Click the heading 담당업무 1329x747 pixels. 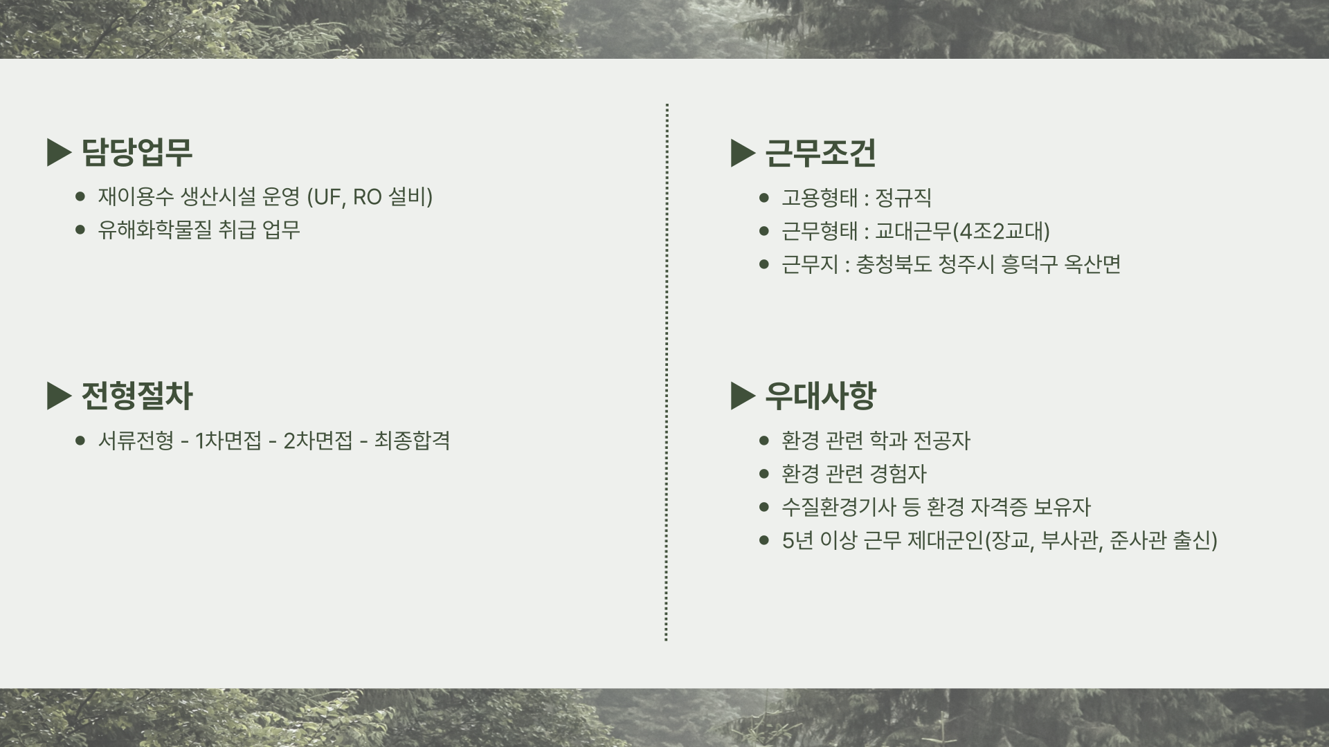coord(136,152)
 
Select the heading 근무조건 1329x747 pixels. coord(820,153)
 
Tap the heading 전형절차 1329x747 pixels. coord(136,396)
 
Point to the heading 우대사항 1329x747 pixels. coord(820,396)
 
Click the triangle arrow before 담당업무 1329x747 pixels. coord(59,153)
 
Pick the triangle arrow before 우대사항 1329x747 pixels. coord(743,396)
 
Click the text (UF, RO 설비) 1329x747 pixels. coord(370,197)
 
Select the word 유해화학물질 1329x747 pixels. coord(154,230)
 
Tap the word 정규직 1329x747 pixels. coord(903,198)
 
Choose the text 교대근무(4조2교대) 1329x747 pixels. coord(962,231)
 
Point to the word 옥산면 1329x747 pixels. coord(1092,264)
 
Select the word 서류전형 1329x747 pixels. coord(136,441)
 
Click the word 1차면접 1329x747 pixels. coord(228,441)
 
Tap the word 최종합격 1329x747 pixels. coord(412,441)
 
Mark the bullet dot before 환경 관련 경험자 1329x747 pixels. coord(764,474)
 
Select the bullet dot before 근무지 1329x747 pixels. coord(764,264)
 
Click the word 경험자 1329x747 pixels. coord(898,474)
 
